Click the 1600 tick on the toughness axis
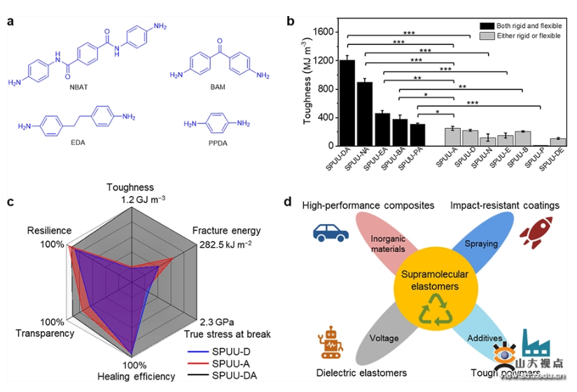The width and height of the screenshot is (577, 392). click(x=324, y=31)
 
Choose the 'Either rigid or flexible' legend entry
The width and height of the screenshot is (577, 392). click(x=529, y=35)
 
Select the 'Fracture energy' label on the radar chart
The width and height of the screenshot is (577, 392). click(x=226, y=231)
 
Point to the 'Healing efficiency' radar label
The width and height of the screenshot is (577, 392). click(x=136, y=377)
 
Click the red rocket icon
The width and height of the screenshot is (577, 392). click(x=531, y=233)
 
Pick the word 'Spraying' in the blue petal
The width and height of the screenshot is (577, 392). click(x=481, y=244)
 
